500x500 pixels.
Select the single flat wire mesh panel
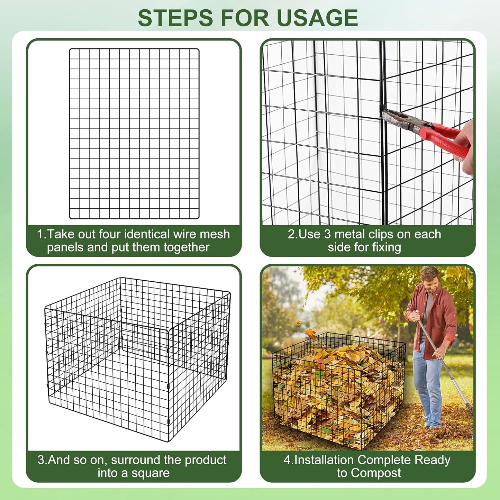134,134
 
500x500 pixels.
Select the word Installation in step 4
324,460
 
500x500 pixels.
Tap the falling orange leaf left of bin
311,334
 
